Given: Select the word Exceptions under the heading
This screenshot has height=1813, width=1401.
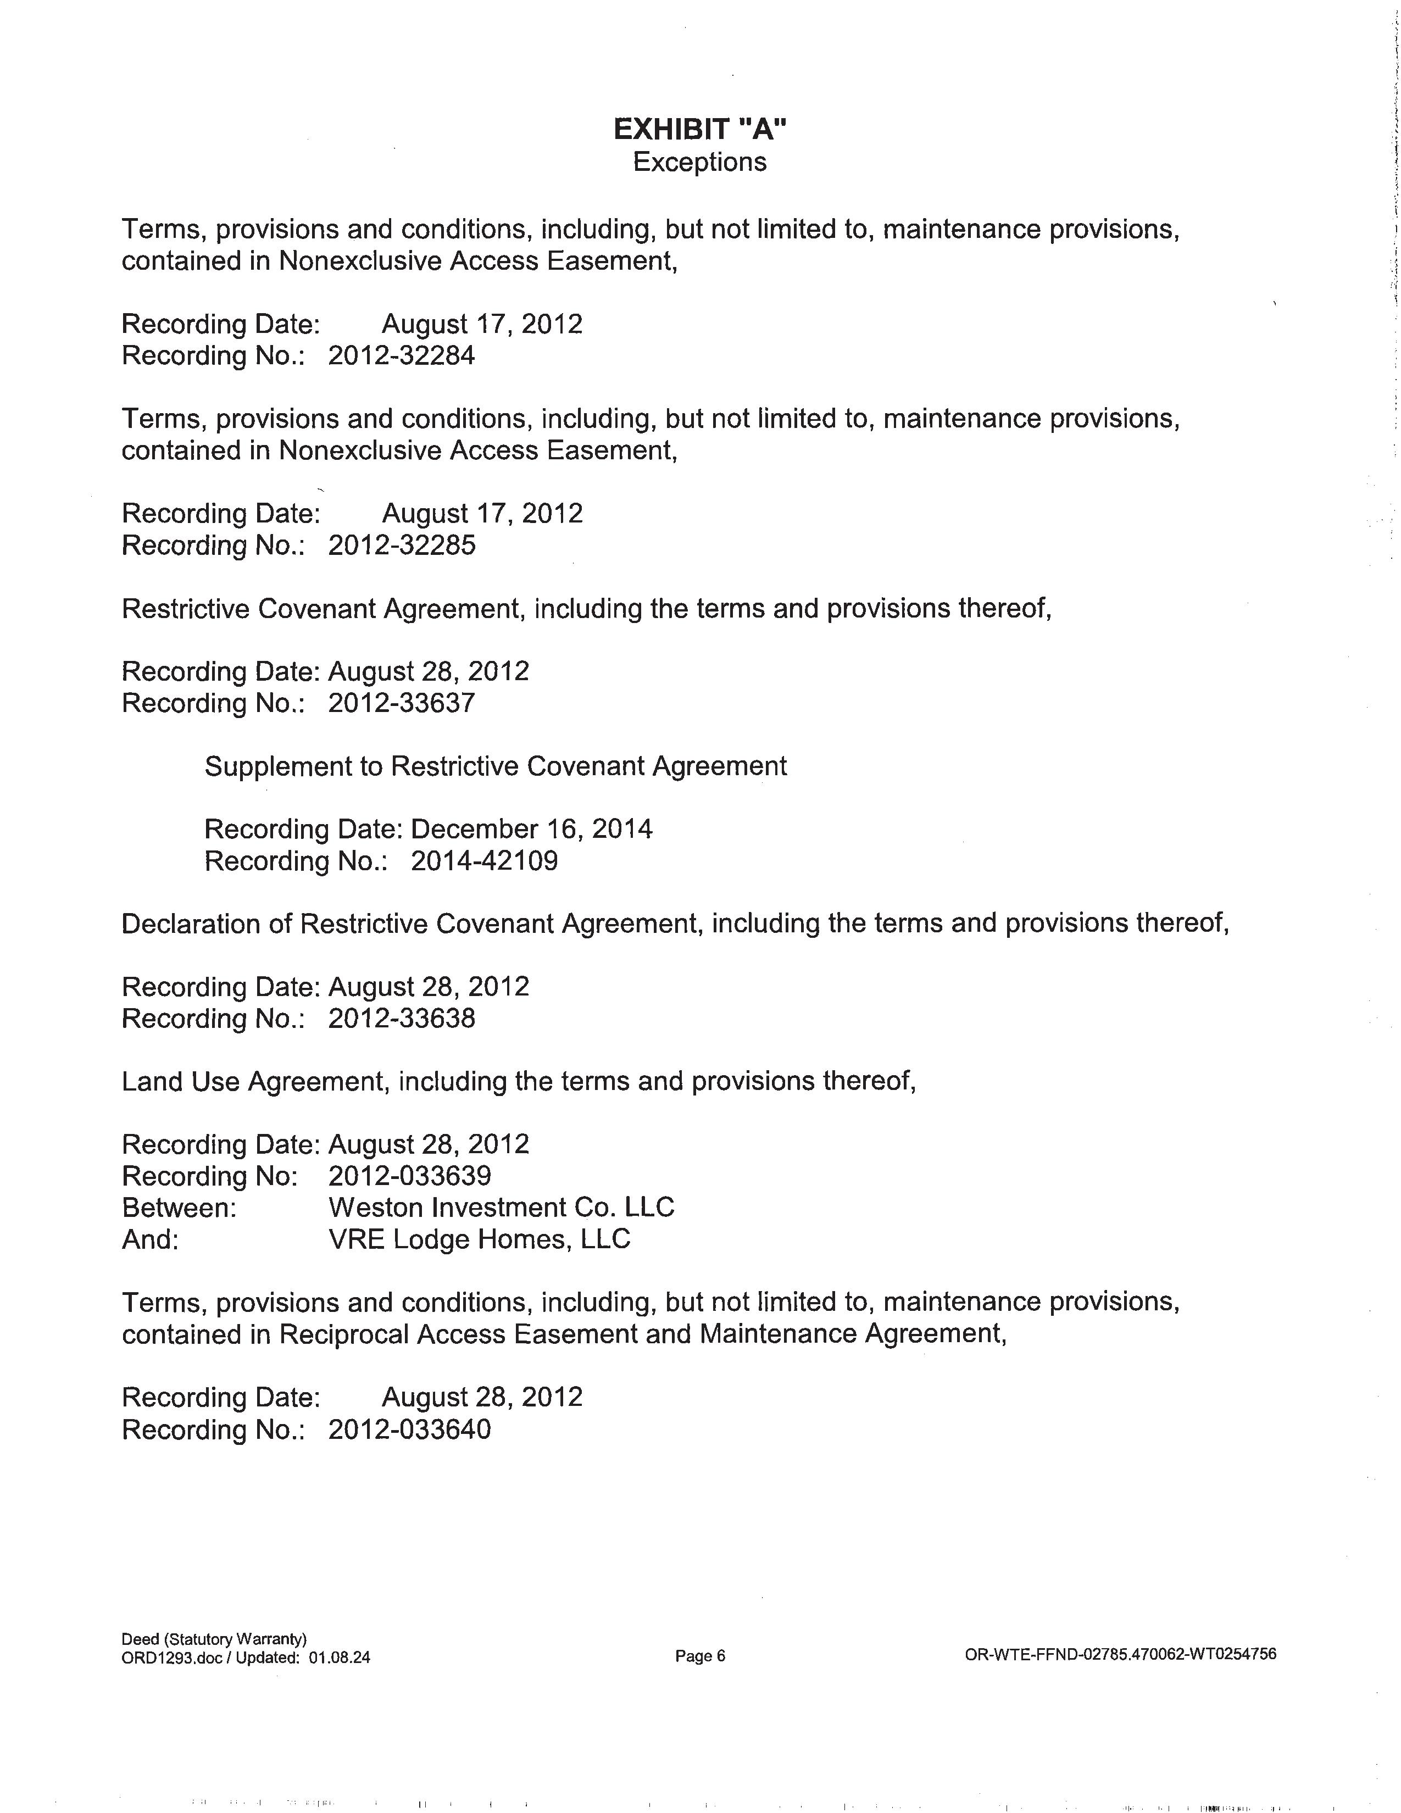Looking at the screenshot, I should [699, 162].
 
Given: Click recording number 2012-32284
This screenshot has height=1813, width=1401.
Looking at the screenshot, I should [402, 356].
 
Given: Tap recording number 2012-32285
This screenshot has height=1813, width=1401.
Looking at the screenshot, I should [402, 546].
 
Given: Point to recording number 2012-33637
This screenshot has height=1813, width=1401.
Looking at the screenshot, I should [402, 703].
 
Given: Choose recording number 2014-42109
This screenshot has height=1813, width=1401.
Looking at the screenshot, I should [484, 861].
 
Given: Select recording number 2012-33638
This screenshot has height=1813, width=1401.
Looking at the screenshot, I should [402, 1019].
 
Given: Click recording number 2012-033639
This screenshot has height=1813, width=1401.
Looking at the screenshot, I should [409, 1176].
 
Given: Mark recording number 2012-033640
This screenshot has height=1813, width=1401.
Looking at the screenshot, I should [409, 1430].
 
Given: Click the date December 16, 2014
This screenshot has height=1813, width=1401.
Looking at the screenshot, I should [531, 829].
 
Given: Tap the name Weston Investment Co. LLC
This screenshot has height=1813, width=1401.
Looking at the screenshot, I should [501, 1208].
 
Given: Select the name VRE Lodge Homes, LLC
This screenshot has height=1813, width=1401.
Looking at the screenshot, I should [480, 1239].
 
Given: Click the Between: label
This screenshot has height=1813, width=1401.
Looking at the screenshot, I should [179, 1208].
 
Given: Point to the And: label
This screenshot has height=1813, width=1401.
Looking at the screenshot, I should [150, 1239].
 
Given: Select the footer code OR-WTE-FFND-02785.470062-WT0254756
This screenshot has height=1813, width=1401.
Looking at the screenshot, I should [1120, 1654].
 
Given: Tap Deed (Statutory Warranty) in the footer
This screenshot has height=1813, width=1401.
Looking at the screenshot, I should [214, 1639].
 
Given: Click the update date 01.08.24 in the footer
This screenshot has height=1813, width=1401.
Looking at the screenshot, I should [340, 1658].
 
